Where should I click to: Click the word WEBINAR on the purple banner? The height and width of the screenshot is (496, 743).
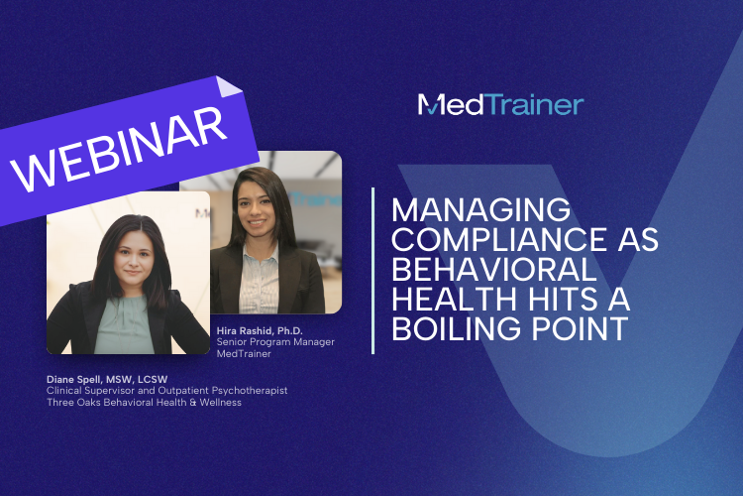pyautogui.click(x=120, y=148)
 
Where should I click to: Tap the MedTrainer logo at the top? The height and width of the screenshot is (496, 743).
pyautogui.click(x=500, y=104)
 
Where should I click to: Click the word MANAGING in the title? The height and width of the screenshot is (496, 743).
pyautogui.click(x=480, y=209)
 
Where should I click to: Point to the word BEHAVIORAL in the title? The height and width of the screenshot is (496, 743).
pyautogui.click(x=493, y=269)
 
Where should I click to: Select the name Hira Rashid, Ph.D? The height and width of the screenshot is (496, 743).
pyautogui.click(x=260, y=330)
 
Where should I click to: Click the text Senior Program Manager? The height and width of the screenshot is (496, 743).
pyautogui.click(x=275, y=342)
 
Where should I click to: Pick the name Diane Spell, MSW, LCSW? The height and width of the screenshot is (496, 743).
pyautogui.click(x=107, y=379)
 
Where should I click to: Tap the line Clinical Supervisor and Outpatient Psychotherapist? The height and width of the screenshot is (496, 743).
pyautogui.click(x=166, y=391)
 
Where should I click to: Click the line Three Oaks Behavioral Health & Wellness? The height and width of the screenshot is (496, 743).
pyautogui.click(x=144, y=403)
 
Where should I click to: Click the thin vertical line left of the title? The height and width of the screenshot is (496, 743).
pyautogui.click(x=373, y=271)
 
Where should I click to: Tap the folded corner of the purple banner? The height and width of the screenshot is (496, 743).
pyautogui.click(x=228, y=87)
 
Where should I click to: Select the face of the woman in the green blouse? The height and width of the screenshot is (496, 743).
pyautogui.click(x=133, y=256)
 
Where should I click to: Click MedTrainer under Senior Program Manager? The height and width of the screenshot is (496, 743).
pyautogui.click(x=244, y=354)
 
